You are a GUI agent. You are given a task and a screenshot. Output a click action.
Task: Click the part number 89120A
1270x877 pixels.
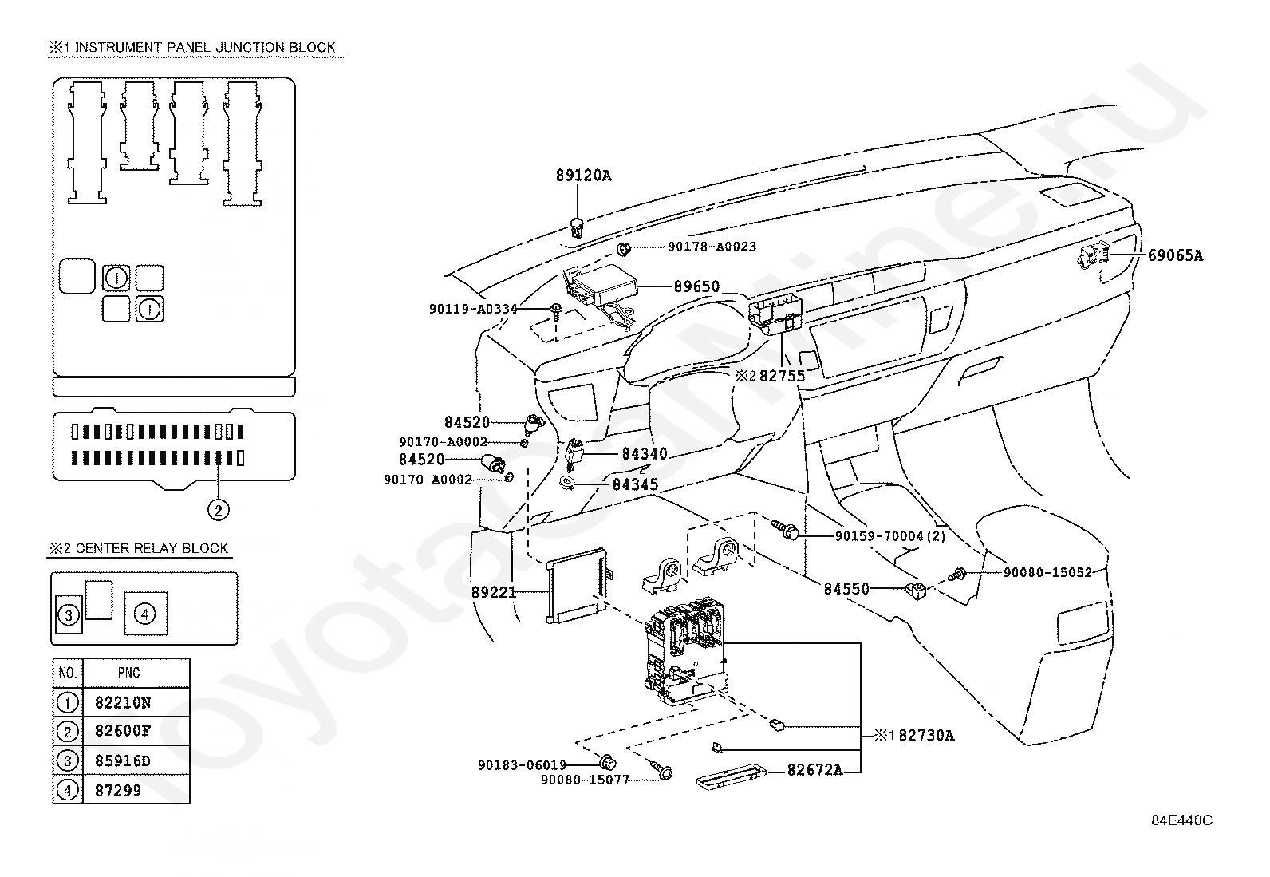pos(583,176)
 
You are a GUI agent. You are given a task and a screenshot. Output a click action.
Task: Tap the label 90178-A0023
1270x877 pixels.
pos(712,247)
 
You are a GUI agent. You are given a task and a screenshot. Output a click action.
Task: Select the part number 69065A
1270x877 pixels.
pos(1175,255)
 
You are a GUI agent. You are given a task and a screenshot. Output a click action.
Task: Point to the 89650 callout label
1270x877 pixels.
pos(696,286)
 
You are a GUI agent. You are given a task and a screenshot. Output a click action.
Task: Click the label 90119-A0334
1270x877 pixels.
pos(473,309)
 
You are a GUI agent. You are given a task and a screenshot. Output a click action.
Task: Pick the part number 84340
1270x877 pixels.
pos(645,454)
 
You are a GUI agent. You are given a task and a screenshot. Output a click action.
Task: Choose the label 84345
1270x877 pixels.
pos(636,484)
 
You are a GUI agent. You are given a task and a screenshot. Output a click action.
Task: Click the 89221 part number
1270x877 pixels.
pos(494,592)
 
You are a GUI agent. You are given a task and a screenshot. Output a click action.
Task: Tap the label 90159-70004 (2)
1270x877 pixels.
pos(890,536)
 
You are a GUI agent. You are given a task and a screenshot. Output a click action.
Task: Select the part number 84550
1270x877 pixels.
pos(846,589)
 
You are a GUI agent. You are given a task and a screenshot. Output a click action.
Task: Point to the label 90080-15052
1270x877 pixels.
pos(1047,572)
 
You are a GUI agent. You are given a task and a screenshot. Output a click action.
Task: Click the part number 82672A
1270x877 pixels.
pos(814,770)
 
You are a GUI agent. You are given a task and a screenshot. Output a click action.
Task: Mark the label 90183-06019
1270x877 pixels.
pos(523,765)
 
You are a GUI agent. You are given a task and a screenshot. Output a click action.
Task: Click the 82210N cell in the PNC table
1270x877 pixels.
pos(123,703)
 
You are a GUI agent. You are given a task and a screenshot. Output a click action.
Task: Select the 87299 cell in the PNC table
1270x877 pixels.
pos(118,790)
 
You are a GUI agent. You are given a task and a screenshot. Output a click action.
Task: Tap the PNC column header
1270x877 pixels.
pos(128,673)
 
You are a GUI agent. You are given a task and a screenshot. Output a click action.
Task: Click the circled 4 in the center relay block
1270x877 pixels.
pos(144,614)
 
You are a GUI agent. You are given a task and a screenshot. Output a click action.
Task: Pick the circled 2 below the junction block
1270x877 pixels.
pos(219,510)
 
